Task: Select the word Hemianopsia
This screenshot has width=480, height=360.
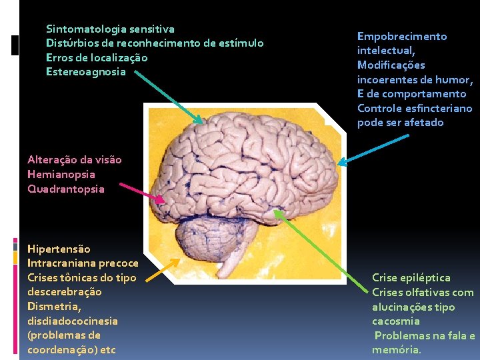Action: pyautogui.click(x=61, y=174)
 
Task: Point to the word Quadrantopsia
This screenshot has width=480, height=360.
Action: pyautogui.click(x=66, y=189)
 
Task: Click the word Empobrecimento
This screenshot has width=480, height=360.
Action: pyautogui.click(x=402, y=36)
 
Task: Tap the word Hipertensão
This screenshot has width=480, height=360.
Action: pyautogui.click(x=59, y=249)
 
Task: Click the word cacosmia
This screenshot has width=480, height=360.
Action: pyautogui.click(x=396, y=321)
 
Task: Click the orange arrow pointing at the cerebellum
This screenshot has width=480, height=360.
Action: pyautogui.click(x=162, y=269)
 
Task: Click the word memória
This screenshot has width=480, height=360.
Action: pyautogui.click(x=396, y=350)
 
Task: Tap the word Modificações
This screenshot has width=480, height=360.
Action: pyautogui.click(x=391, y=65)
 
